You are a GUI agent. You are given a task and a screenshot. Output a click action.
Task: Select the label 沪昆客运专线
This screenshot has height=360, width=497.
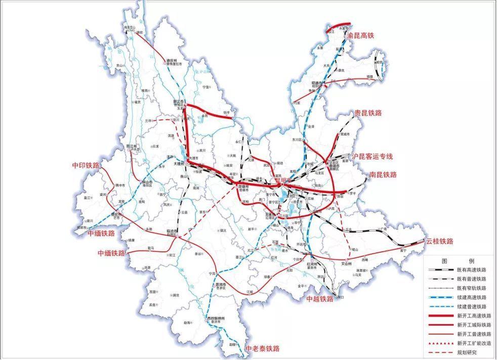pyautogui.click(x=372, y=157)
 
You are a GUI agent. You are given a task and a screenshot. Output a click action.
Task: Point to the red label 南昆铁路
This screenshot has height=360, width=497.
pyautogui.click(x=383, y=174)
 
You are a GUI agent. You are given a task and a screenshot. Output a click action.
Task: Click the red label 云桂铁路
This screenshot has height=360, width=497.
pyautogui.click(x=439, y=241)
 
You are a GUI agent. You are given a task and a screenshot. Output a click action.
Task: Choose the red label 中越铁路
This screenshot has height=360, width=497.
pyautogui.click(x=320, y=299)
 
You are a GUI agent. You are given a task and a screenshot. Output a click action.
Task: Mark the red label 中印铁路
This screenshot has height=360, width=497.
pyautogui.click(x=85, y=165)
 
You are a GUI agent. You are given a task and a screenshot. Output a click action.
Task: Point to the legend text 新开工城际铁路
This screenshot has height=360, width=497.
pyautogui.click(x=474, y=325)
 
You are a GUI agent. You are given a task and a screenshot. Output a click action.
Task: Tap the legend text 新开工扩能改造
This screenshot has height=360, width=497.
pyautogui.click(x=474, y=343)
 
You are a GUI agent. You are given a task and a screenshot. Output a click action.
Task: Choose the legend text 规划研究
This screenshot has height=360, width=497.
pyautogui.click(x=466, y=352)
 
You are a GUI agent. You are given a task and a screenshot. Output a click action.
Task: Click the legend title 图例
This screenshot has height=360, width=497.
pyautogui.click(x=458, y=261)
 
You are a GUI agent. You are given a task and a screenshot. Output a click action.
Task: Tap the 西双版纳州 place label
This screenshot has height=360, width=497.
pyautogui.click(x=215, y=318)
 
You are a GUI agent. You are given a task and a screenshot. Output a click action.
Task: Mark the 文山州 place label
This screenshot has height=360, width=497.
pyautogui.click(x=346, y=263)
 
